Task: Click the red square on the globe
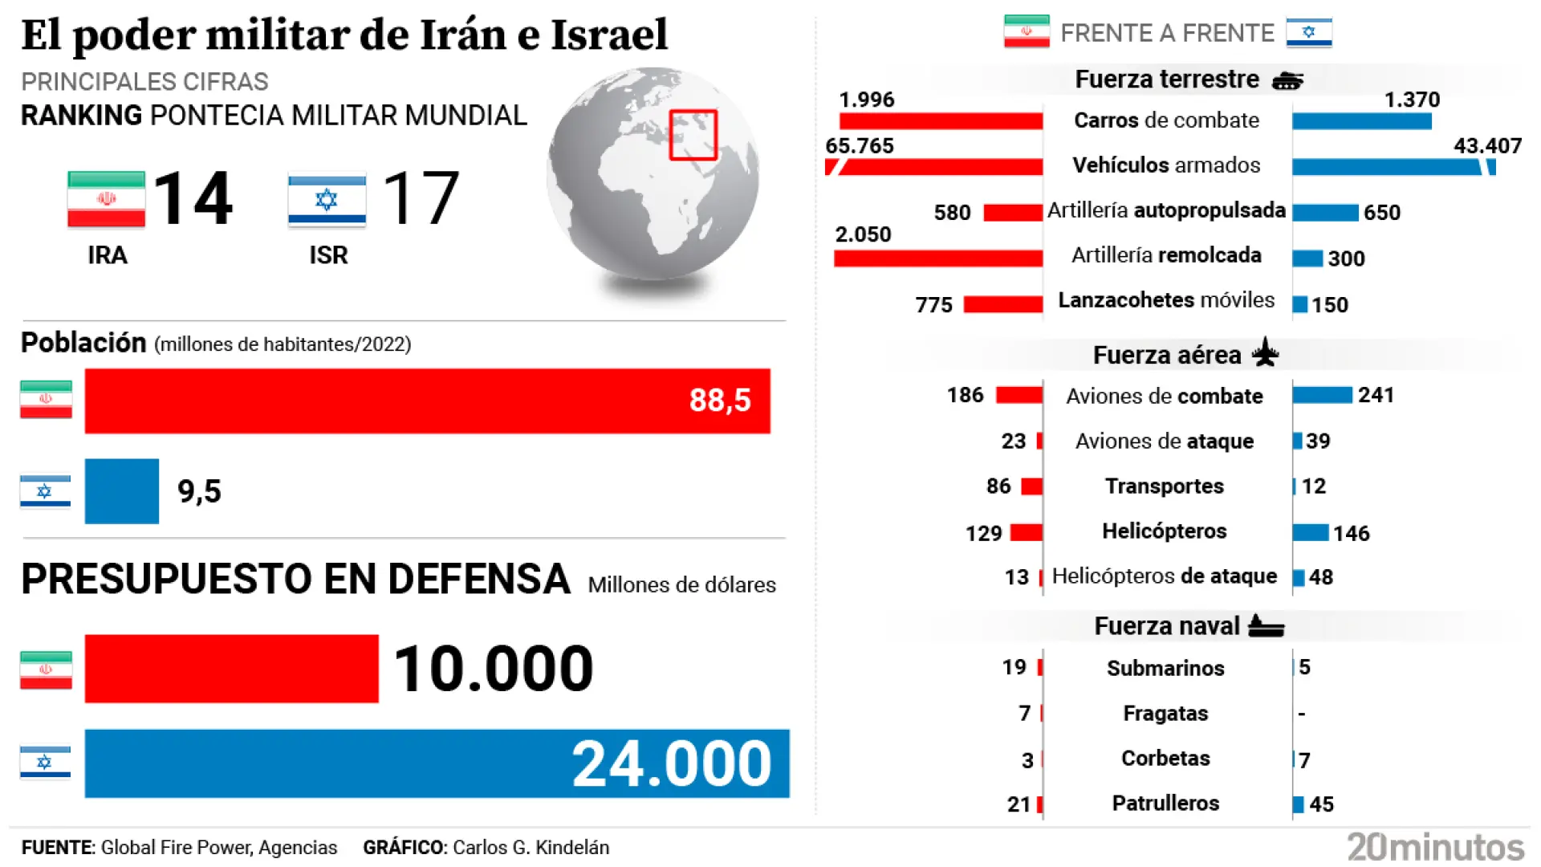click(693, 135)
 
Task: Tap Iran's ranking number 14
click(193, 198)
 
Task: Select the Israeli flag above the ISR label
click(327, 200)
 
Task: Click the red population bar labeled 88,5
click(427, 401)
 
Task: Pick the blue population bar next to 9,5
click(122, 491)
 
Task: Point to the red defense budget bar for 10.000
click(231, 669)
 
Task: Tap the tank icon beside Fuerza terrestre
click(1287, 80)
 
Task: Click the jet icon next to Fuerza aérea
click(1266, 352)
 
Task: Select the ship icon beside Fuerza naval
click(1267, 625)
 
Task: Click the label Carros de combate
click(1166, 120)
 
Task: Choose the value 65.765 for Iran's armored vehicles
click(859, 146)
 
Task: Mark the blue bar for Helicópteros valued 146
click(1311, 532)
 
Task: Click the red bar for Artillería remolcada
click(937, 258)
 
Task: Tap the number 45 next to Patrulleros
click(1321, 804)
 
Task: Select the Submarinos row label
click(1165, 668)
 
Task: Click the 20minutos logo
click(1435, 847)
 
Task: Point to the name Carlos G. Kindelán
click(531, 848)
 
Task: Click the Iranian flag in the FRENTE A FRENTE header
click(1027, 32)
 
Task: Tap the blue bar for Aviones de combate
click(1322, 395)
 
